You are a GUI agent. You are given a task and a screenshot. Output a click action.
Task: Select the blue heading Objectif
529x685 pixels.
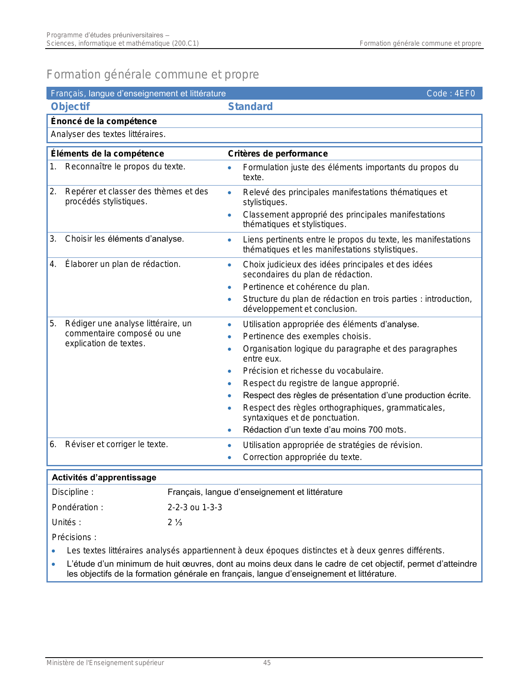click(x=70, y=107)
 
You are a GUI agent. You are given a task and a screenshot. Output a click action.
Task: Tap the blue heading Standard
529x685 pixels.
click(x=250, y=107)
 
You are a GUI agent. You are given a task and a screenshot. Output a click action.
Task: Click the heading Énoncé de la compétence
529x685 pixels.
click(x=104, y=121)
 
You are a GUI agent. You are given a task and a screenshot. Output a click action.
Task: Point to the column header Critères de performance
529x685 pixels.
click(x=278, y=154)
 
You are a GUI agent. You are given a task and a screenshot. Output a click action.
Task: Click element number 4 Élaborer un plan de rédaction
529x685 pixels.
click(x=122, y=264)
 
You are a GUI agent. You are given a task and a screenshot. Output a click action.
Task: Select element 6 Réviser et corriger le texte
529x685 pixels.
click(x=116, y=444)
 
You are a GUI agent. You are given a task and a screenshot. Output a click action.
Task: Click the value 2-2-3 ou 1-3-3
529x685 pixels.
click(x=195, y=507)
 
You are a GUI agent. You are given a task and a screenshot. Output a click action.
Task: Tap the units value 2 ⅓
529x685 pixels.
click(x=175, y=522)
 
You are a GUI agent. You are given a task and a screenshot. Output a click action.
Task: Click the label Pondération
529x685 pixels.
click(x=77, y=507)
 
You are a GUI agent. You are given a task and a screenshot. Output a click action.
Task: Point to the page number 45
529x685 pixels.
click(x=267, y=663)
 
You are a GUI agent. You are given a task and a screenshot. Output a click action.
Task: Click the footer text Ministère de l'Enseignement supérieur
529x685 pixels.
click(x=105, y=663)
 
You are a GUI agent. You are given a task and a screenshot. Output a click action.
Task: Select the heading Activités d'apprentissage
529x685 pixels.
click(x=104, y=477)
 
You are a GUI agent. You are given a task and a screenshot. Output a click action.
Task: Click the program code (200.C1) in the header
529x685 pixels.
click(x=185, y=43)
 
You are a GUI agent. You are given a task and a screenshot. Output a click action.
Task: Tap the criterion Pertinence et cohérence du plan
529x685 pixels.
click(x=306, y=287)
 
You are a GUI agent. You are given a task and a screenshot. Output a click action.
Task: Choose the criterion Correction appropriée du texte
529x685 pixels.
click(x=302, y=457)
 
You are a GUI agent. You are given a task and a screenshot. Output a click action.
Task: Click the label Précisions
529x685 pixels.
click(x=74, y=537)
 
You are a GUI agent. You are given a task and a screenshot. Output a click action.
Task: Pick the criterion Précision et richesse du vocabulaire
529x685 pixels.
click(x=313, y=371)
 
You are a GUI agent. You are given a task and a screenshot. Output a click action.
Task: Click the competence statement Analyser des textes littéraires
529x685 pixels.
click(x=108, y=134)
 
